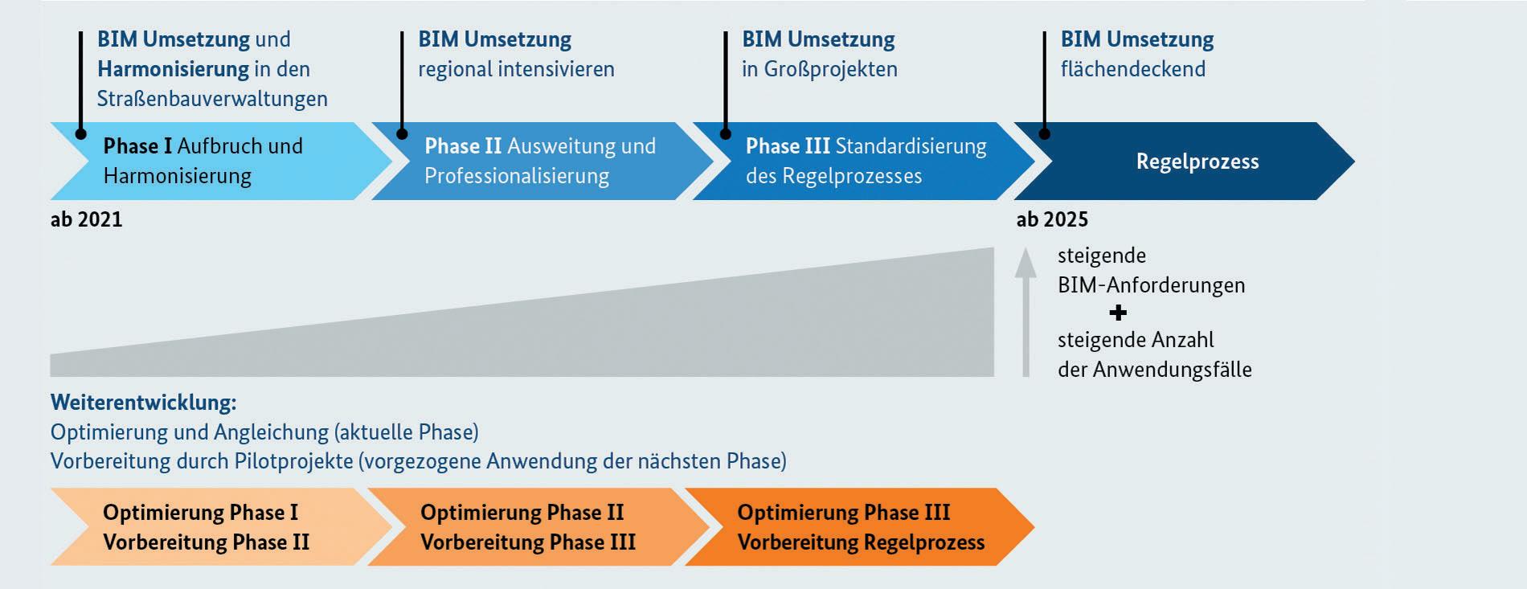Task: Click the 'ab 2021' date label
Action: [86, 219]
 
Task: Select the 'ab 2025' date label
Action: [1052, 219]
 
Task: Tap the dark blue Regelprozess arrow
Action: [1197, 162]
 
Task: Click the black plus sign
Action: [1117, 313]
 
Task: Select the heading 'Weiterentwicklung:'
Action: [143, 403]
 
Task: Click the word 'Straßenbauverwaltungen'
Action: [212, 99]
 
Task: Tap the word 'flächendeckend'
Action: [1132, 69]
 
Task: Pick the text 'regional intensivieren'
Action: [516, 69]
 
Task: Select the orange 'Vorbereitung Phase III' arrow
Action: [527, 527]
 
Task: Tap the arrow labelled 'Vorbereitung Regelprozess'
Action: [860, 527]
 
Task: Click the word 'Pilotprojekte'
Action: [293, 461]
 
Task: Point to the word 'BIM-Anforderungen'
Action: [1151, 285]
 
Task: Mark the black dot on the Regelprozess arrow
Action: [1045, 134]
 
